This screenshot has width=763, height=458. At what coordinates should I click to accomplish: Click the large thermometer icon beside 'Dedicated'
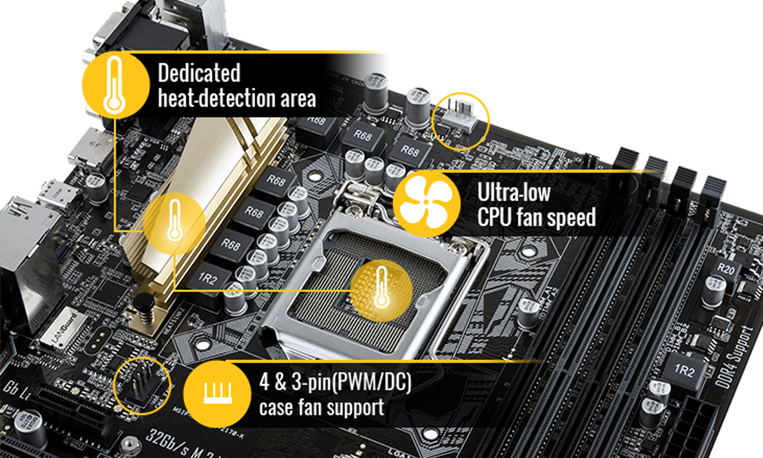(x=115, y=85)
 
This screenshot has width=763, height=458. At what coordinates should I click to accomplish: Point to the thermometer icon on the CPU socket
(x=382, y=285)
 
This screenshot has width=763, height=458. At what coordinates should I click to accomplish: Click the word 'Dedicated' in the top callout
(x=199, y=73)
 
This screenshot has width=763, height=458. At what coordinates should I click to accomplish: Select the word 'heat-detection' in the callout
(x=208, y=97)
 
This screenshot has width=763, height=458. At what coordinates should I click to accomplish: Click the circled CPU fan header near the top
(x=460, y=120)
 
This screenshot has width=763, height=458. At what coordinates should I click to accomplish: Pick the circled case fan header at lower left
(x=141, y=385)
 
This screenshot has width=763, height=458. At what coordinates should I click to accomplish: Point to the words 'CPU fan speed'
(x=536, y=217)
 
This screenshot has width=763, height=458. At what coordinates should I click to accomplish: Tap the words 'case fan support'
(x=322, y=407)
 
